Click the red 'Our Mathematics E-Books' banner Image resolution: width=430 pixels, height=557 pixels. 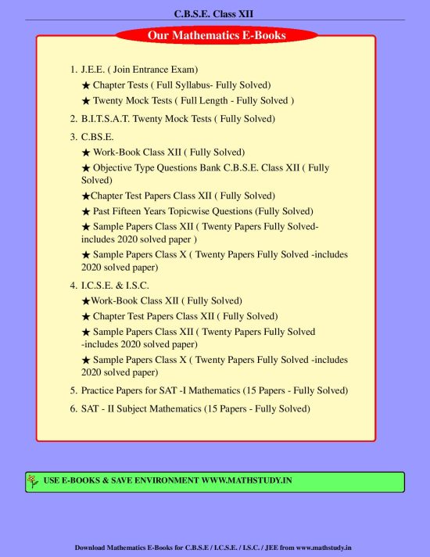point(217,34)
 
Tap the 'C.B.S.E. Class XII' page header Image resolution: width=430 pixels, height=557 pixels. point(215,13)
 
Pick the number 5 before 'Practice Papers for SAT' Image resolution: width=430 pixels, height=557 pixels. point(73,390)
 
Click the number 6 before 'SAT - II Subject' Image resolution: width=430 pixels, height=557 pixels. point(73,408)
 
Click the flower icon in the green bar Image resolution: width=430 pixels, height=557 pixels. point(33,481)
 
